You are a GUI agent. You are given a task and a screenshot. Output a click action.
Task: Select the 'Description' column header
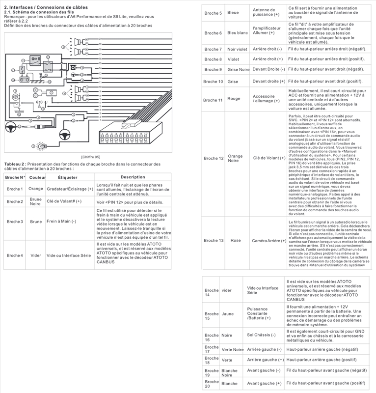[x=133, y=177]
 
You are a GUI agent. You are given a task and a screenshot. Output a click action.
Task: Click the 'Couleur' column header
[x=37, y=177]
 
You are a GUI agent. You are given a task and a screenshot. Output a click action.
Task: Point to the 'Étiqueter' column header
[x=67, y=177]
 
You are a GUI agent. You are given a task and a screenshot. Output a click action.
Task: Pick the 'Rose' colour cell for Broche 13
[x=236, y=241]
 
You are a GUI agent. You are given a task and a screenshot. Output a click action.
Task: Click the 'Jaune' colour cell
[x=228, y=313]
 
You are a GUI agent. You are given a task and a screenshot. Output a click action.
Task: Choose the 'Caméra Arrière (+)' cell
[x=269, y=241]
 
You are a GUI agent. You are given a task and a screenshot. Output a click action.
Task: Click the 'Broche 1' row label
[x=15, y=189]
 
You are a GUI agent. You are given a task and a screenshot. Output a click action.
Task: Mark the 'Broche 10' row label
[x=213, y=81]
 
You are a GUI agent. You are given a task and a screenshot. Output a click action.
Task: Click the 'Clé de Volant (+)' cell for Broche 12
[x=269, y=158]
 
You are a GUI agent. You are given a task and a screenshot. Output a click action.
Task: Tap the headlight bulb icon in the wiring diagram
[x=41, y=146]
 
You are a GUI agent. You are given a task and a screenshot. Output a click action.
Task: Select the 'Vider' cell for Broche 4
[x=35, y=255]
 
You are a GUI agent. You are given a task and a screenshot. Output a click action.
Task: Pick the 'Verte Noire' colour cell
[x=233, y=350]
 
